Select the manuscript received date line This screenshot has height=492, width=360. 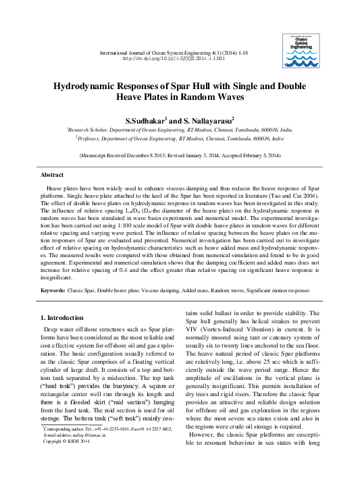[x=180, y=155]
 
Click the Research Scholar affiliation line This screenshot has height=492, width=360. [x=180, y=128]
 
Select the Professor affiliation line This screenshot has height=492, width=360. [x=180, y=137]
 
